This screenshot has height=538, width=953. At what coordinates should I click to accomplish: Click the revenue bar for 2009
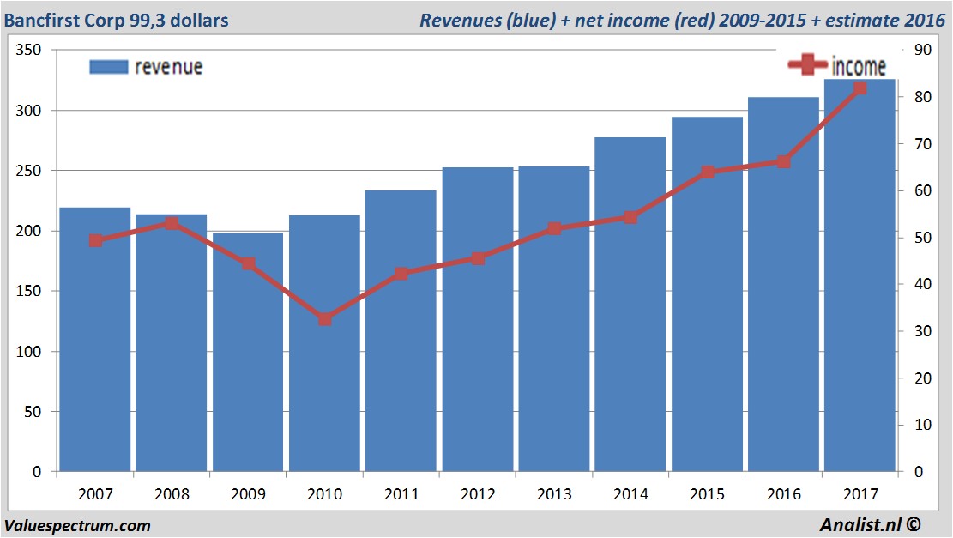[248, 352]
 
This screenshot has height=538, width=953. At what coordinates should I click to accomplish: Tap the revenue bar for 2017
[860, 275]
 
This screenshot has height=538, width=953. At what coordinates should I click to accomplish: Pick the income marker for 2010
[324, 319]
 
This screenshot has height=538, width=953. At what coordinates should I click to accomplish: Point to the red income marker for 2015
[707, 172]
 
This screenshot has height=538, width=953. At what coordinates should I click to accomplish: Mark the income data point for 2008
[172, 223]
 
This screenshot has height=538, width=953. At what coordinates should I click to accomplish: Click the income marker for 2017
[860, 88]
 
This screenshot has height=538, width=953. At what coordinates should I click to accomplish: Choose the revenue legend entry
[146, 67]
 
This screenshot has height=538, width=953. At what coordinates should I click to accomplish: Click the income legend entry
[836, 65]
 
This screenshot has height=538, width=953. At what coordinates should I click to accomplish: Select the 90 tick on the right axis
[923, 51]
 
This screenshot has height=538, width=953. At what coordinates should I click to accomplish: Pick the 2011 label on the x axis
[401, 494]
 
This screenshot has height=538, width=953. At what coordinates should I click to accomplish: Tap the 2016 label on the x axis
[783, 494]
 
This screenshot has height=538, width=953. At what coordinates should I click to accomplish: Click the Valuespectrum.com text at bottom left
[77, 525]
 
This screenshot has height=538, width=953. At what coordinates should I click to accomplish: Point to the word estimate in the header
[860, 19]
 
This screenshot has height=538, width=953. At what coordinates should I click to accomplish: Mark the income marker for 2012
[478, 258]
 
